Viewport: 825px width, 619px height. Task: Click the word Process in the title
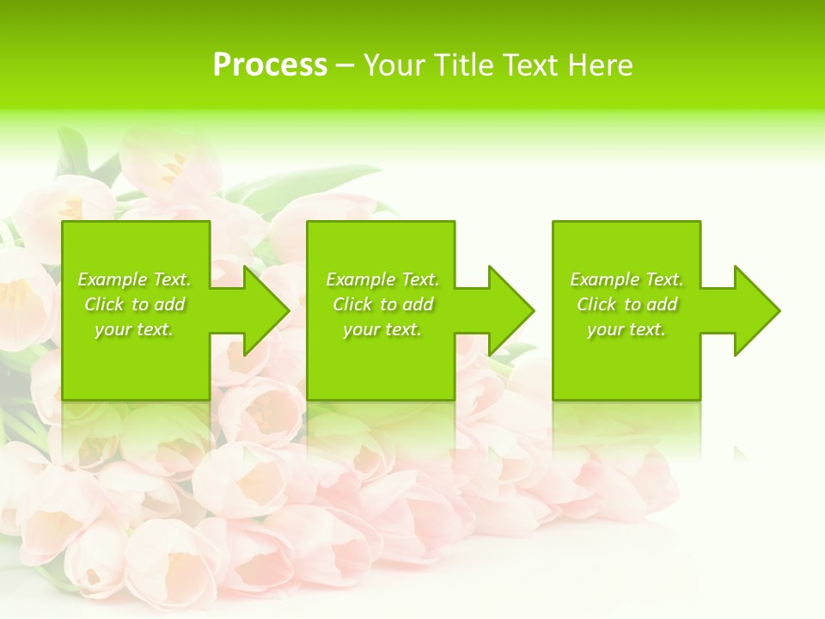click(x=270, y=65)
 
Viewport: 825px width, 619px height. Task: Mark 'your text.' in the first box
click(x=134, y=329)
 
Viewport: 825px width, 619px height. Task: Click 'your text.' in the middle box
click(x=382, y=329)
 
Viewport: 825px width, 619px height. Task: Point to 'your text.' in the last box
click(x=626, y=329)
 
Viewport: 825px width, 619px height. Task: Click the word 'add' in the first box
click(x=169, y=304)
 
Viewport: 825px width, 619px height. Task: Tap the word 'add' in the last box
click(x=662, y=304)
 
